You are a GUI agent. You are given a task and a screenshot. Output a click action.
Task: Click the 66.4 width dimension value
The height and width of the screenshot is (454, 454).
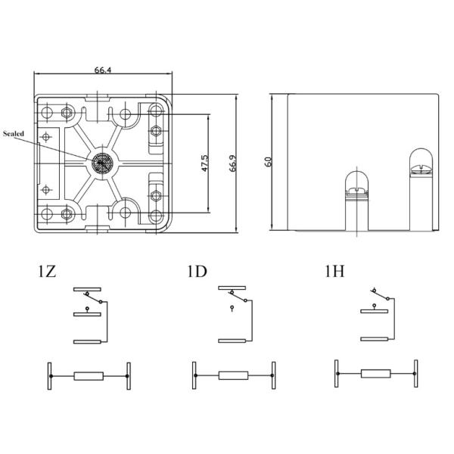click(104, 70)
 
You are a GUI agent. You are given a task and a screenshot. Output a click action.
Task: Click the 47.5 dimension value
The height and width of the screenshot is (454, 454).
click(205, 164)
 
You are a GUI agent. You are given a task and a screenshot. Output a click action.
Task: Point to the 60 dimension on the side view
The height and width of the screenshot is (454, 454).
click(268, 163)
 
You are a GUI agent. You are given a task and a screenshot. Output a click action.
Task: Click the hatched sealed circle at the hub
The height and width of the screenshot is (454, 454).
click(101, 163)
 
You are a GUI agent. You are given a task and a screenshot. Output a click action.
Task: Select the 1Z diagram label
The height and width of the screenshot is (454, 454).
click(45, 271)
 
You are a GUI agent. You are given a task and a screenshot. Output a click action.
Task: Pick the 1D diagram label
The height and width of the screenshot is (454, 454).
click(196, 271)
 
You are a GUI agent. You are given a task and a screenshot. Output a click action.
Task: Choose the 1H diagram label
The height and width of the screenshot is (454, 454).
click(335, 271)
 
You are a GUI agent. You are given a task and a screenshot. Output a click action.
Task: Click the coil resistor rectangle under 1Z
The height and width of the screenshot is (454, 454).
click(89, 376)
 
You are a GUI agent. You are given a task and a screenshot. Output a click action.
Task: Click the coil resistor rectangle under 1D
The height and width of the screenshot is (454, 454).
click(233, 376)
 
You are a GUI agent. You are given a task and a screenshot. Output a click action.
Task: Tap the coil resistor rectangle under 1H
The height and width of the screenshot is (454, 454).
click(376, 373)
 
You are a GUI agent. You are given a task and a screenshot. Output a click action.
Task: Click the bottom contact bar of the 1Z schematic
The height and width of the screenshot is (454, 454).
click(87, 342)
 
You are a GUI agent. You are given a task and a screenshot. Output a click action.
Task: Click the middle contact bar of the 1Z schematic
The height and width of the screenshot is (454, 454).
click(87, 312)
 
